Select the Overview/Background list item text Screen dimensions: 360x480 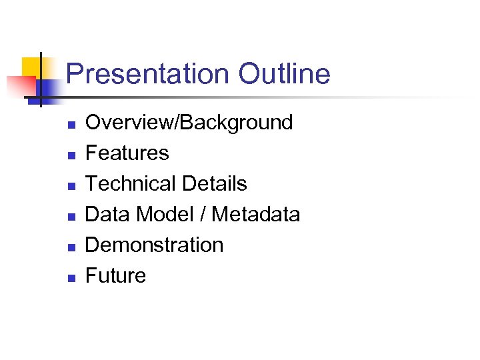tap(189, 123)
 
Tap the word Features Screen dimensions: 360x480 tap(127, 153)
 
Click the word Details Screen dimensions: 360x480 tap(213, 184)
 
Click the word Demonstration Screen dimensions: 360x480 tap(155, 245)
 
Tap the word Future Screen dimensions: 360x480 tap(115, 276)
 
